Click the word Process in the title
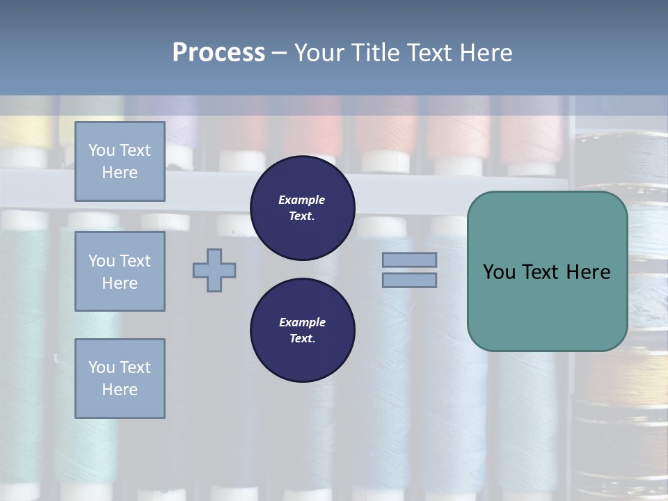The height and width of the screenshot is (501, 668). coord(218,53)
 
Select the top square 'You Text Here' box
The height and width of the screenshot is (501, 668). coord(120,161)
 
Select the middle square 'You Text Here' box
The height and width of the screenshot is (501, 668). coord(120,271)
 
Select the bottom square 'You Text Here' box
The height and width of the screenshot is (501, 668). coord(120,378)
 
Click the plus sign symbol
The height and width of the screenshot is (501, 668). coord(214,270)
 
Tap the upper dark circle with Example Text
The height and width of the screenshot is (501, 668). coord(303,208)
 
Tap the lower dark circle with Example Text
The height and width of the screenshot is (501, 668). coord(303,330)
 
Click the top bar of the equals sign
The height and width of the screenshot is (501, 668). coord(409,260)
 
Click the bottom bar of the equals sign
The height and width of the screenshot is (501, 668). coord(409,280)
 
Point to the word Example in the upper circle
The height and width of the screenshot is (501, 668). coord(301,200)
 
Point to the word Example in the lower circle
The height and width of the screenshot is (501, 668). coord(302,322)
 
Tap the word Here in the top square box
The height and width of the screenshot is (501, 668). coord(120,173)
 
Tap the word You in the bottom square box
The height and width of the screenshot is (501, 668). coord(102,367)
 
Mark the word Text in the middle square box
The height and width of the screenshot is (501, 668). coord(134,261)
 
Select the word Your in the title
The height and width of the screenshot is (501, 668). coord(319,53)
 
